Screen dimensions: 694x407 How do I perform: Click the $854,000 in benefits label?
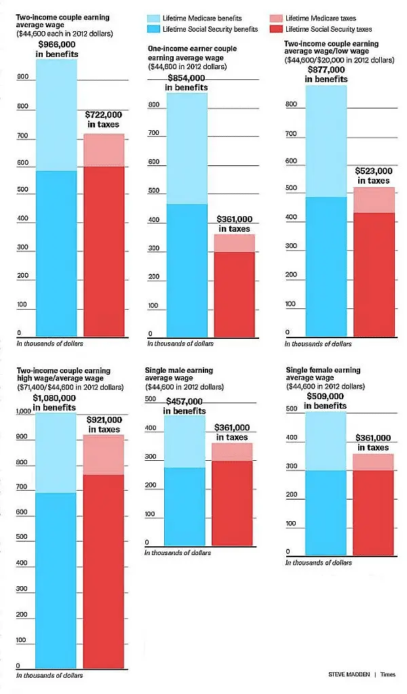tap(188, 82)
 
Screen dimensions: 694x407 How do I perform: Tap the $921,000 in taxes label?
tap(104, 424)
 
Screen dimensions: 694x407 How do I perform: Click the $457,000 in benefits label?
tap(186, 406)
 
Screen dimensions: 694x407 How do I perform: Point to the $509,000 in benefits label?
tap(326, 401)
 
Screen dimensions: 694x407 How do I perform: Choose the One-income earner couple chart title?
tap(187, 53)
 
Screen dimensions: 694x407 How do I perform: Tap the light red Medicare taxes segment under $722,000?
tap(104, 150)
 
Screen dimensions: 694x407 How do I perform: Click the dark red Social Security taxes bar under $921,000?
tap(104, 569)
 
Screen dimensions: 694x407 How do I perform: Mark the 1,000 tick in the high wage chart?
tap(22, 411)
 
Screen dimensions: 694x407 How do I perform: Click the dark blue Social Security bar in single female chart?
tap(326, 512)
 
